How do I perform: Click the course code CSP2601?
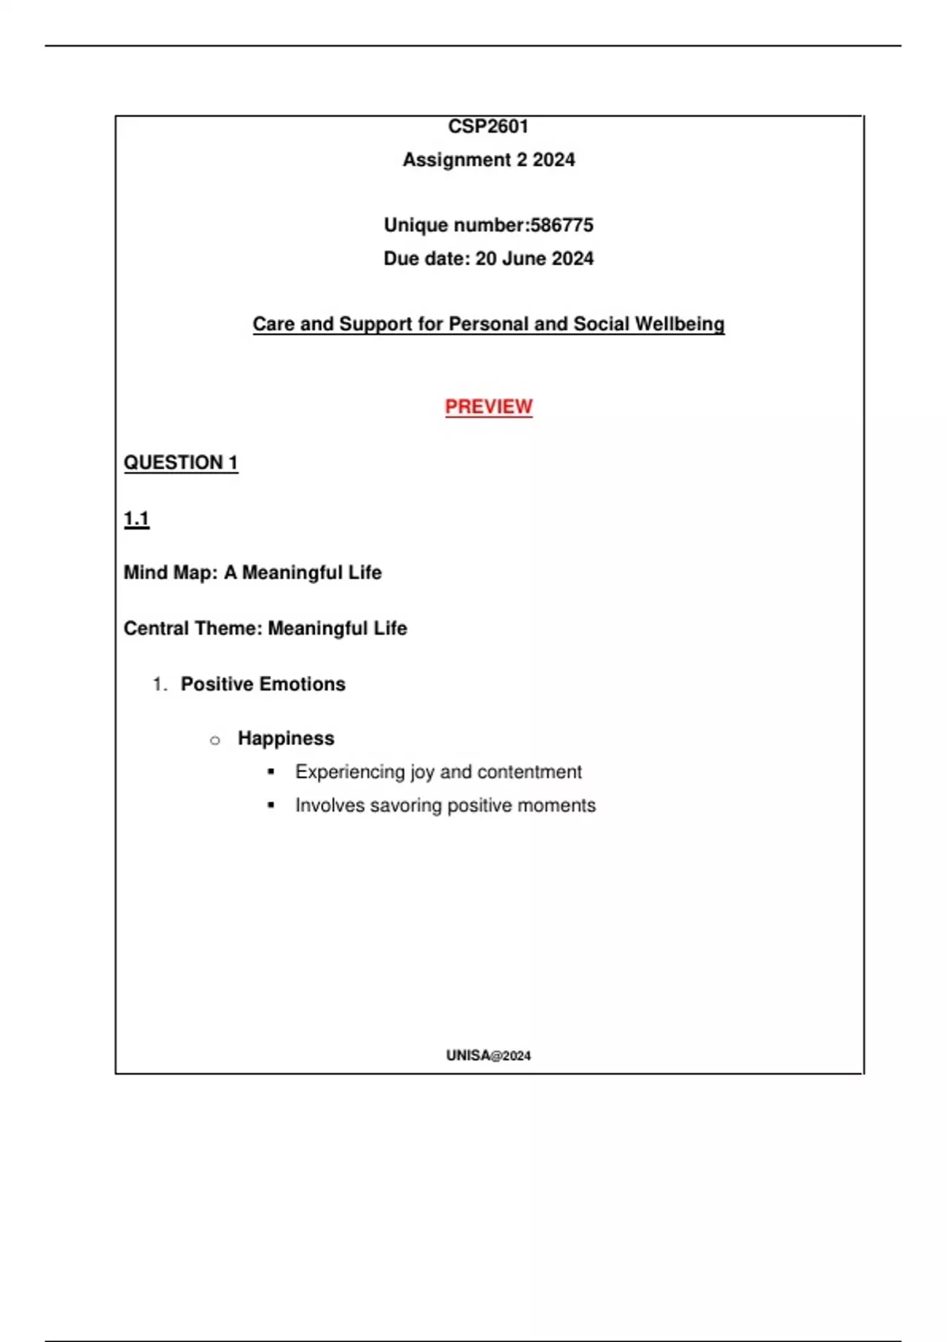tap(488, 126)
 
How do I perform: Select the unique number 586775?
tap(562, 225)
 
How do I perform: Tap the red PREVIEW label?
tap(488, 407)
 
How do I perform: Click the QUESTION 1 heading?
tap(181, 463)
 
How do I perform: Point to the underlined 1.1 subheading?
tap(137, 519)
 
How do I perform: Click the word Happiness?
tap(286, 738)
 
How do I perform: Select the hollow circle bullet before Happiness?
tap(215, 740)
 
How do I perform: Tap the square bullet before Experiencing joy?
tap(271, 772)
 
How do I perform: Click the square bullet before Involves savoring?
tap(271, 805)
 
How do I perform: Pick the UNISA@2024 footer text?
tap(488, 1055)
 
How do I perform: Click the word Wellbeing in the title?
tap(679, 324)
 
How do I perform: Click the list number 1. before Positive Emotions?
tap(160, 684)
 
